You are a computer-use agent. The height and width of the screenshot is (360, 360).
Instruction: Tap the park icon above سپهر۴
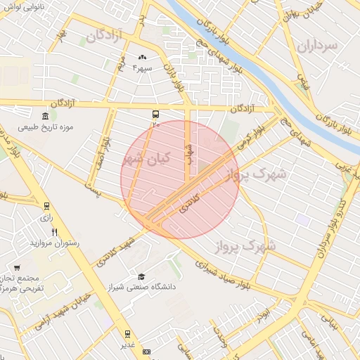tap(143, 57)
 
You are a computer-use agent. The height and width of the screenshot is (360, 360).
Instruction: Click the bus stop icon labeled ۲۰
tap(155, 114)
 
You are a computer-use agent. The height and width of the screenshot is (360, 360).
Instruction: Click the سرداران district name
tap(318, 46)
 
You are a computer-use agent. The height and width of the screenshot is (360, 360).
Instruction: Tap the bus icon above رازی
tap(47, 206)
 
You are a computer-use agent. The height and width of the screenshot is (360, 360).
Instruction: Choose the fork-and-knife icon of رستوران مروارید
tap(55, 233)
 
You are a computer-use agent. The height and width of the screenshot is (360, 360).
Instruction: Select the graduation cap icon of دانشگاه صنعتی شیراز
tap(141, 277)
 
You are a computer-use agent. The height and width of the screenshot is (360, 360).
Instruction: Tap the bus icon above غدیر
tap(127, 333)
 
